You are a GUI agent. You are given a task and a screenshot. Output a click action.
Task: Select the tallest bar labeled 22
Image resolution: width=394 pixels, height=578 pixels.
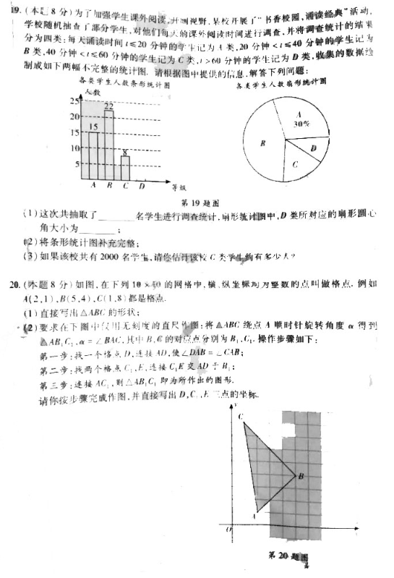(109, 145)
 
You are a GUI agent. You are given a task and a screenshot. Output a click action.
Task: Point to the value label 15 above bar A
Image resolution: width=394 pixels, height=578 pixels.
(93, 127)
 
